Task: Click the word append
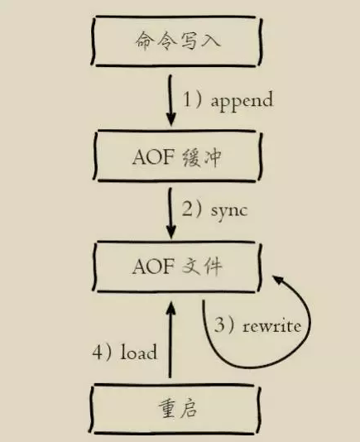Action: tap(242, 100)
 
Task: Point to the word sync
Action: tap(229, 212)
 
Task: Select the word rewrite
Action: tap(271, 327)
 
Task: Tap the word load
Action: tap(139, 352)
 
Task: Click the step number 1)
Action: tap(193, 99)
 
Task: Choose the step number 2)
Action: tap(192, 209)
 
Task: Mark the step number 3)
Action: tap(224, 324)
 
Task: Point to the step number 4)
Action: tap(102, 352)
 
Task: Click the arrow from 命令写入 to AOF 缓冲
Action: tap(170, 100)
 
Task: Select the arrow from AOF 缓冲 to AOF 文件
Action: tap(170, 214)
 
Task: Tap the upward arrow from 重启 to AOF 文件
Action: tap(170, 339)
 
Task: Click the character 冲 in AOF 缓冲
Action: tap(210, 157)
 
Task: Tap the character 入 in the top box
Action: tap(209, 41)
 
